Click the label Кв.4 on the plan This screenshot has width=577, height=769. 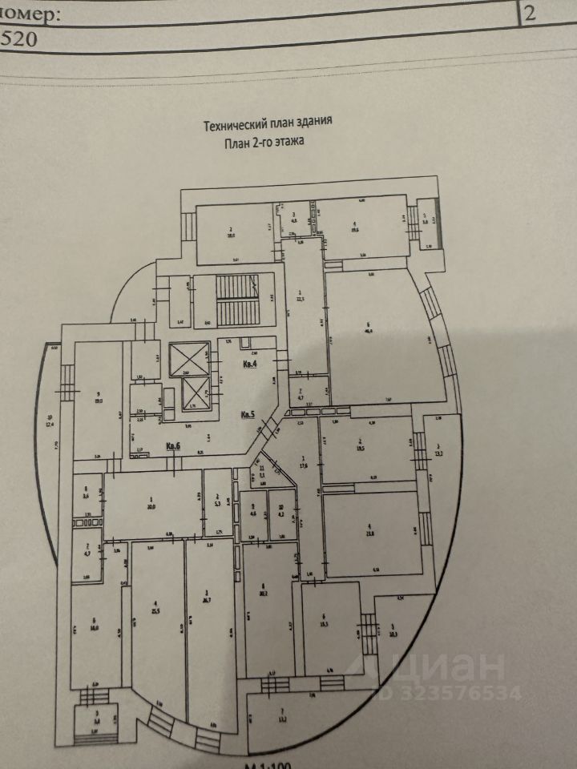point(250,364)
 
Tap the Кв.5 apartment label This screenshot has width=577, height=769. point(248,415)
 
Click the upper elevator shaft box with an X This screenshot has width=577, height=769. point(188,358)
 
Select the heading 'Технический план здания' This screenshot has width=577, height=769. point(267,124)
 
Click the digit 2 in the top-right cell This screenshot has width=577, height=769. point(531,13)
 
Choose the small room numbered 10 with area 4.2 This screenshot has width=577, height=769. point(280,510)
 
